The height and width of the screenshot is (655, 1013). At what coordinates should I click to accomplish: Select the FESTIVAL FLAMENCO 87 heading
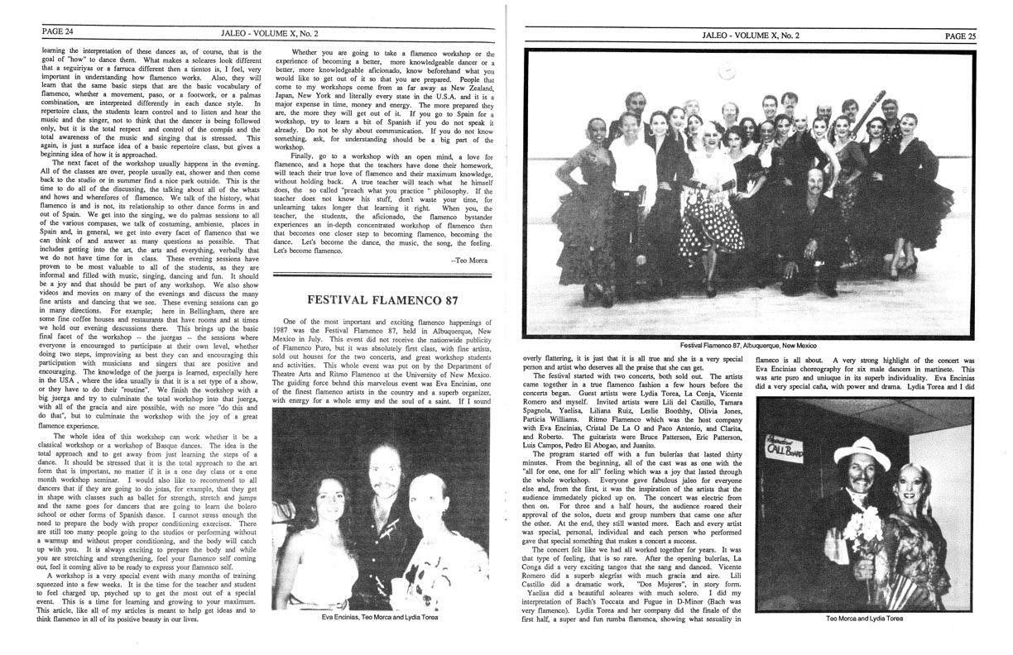click(378, 300)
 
